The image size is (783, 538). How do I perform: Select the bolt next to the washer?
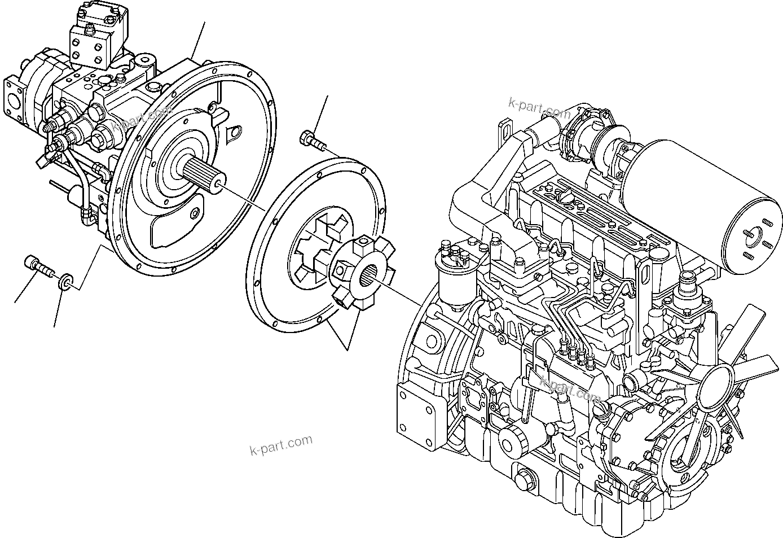click(38, 265)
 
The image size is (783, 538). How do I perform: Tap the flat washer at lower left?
click(66, 281)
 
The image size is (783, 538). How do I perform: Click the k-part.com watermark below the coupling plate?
click(280, 445)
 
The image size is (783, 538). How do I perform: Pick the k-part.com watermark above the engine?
click(539, 107)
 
